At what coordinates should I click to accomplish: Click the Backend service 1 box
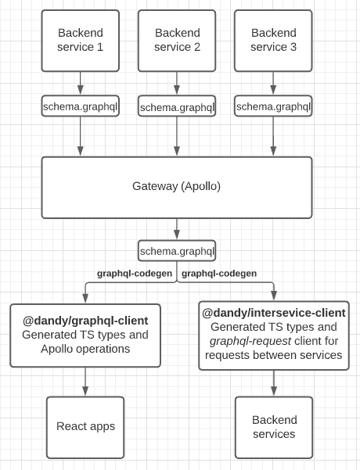tap(80, 40)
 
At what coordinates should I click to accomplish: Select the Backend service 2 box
tap(177, 40)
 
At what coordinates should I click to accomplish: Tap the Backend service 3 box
tap(273, 40)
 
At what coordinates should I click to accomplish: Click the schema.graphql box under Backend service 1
tap(80, 106)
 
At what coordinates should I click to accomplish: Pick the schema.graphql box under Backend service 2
tap(177, 107)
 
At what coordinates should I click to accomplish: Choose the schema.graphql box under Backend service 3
tap(273, 106)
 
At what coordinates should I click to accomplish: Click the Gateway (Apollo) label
tap(176, 186)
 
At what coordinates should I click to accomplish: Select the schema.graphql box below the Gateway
tap(177, 251)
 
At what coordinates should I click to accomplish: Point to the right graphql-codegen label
tap(219, 274)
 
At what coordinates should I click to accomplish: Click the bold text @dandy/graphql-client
tap(85, 321)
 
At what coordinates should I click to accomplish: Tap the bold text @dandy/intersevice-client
tap(274, 313)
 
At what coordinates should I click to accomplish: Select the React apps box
tap(85, 426)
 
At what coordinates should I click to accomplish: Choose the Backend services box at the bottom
tap(274, 426)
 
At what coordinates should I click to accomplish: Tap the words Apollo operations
tap(85, 349)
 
